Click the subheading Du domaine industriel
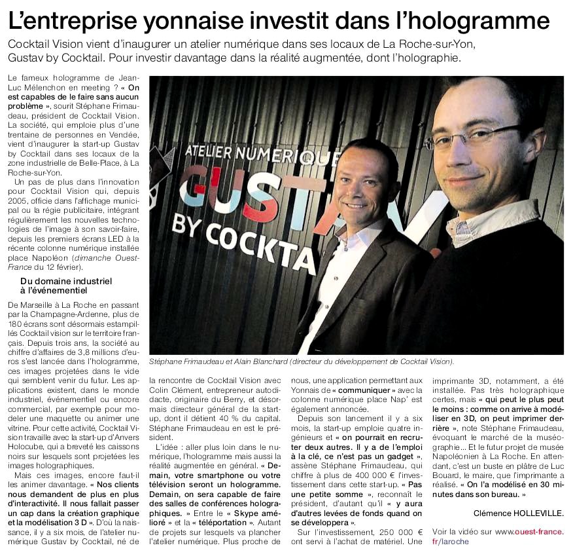[x=66, y=281]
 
